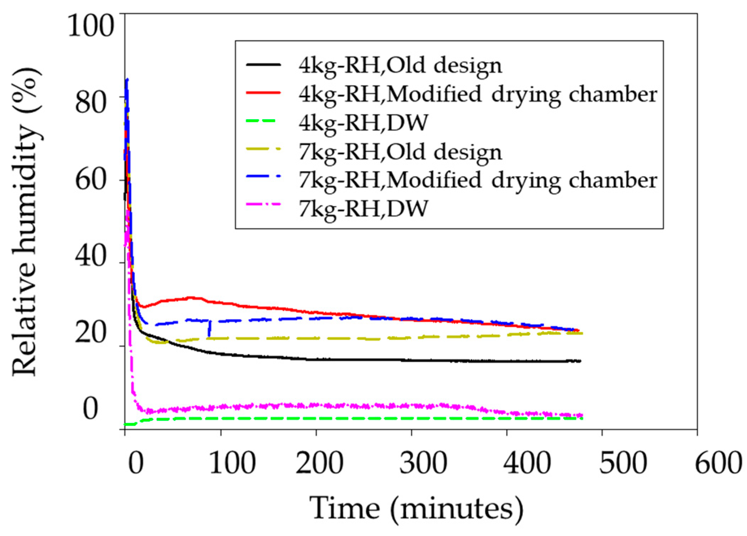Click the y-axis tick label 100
pos(91,25)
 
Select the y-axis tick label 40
pos(91,256)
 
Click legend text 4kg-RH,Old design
pos(400,65)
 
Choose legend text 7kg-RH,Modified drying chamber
pos(478,180)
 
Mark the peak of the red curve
pos(192,297)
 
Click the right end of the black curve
pos(580,361)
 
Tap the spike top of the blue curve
pos(127,80)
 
